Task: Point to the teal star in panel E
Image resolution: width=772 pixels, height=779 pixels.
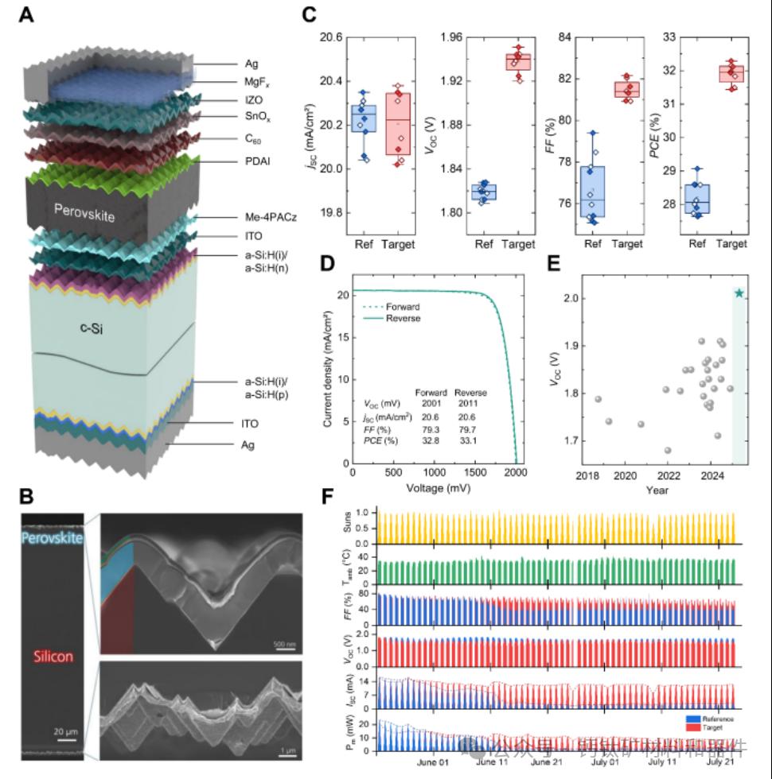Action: pos(739,293)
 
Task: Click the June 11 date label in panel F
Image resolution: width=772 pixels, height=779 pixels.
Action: pos(490,762)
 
